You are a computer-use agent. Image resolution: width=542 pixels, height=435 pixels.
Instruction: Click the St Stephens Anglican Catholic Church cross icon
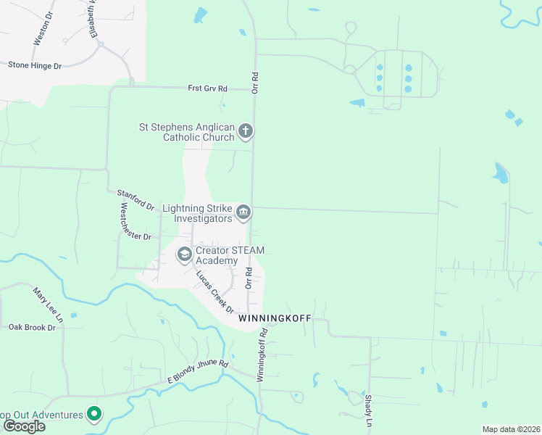tap(246, 131)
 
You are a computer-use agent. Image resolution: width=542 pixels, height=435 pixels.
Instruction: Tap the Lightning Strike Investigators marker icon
tap(244, 212)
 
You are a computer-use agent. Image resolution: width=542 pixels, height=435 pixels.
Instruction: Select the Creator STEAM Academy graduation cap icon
tap(184, 254)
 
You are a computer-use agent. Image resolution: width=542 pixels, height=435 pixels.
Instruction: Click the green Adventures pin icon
tap(93, 415)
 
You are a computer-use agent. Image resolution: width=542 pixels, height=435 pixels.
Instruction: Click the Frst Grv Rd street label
tap(207, 88)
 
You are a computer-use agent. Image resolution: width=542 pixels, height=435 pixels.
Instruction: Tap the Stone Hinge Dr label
tap(35, 65)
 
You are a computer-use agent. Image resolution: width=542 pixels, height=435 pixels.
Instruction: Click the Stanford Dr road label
tap(135, 199)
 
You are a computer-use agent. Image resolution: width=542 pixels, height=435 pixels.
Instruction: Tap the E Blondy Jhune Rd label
tap(198, 371)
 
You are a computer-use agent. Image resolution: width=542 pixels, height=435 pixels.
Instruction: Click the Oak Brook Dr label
tap(32, 328)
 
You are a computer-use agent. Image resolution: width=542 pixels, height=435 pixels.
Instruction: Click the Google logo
tap(23, 426)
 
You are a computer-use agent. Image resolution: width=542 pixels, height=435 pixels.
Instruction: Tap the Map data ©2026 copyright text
tap(511, 429)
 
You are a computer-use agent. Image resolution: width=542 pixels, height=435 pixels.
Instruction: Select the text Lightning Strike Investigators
tap(197, 213)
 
